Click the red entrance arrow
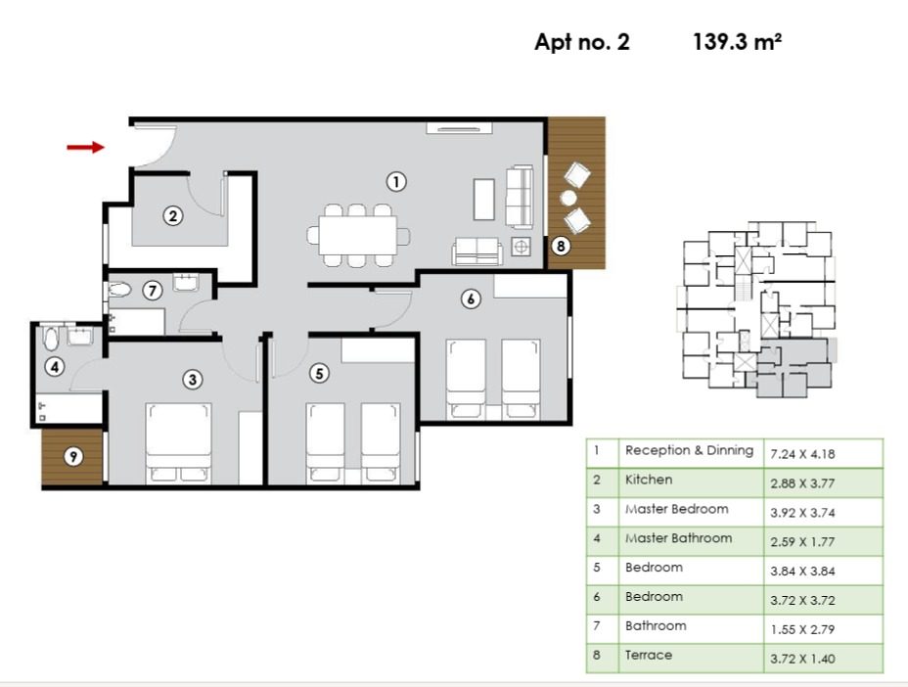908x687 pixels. (86, 147)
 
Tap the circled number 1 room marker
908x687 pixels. (396, 182)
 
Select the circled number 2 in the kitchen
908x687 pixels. (172, 216)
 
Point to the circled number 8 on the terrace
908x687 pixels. (561, 247)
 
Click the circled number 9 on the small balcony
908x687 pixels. (73, 457)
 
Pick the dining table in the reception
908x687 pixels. (358, 235)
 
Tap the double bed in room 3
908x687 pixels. (178, 443)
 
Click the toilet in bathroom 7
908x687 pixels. (120, 289)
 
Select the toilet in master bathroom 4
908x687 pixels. (51, 339)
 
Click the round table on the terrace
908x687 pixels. (568, 198)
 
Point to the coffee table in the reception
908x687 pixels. (484, 200)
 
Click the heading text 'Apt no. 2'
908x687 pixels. (582, 42)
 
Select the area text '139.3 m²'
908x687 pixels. (737, 42)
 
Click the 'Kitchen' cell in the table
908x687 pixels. (649, 481)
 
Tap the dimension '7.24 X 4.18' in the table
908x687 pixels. (802, 454)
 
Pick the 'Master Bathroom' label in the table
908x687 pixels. (678, 538)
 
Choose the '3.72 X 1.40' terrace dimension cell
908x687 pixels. (802, 659)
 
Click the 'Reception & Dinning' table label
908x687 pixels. (689, 451)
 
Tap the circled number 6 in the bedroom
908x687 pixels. (471, 298)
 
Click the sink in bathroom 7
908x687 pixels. (186, 282)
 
